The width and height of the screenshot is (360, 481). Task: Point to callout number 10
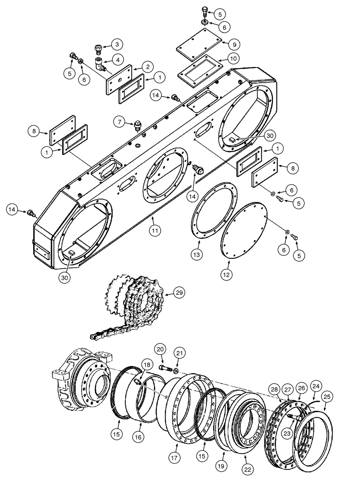232,60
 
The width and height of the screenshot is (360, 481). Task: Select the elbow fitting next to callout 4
100,63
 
